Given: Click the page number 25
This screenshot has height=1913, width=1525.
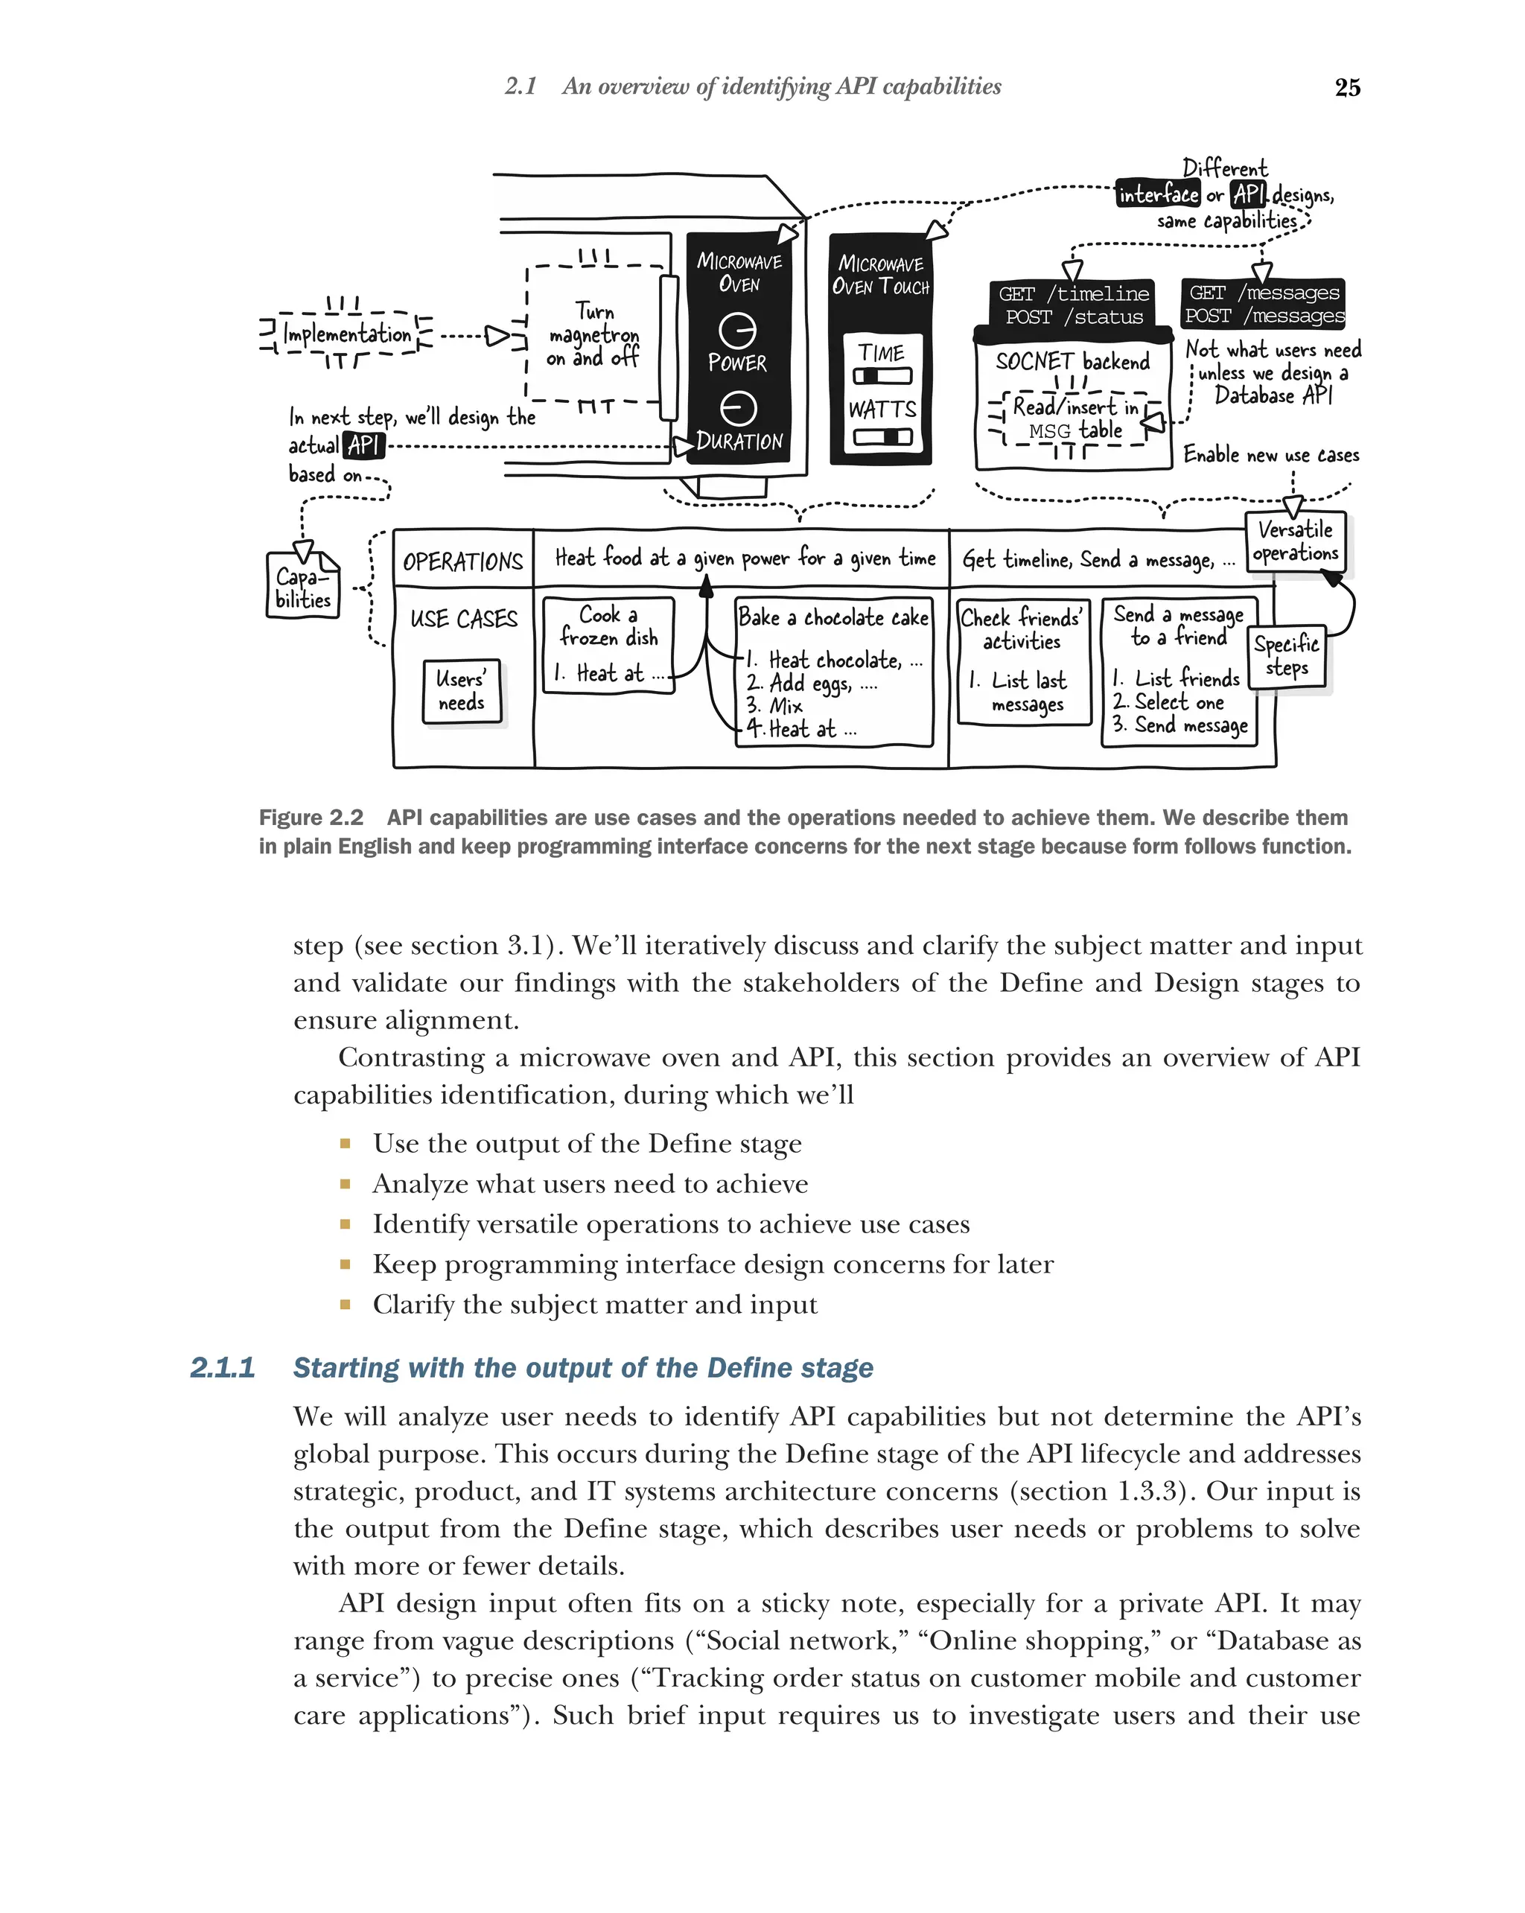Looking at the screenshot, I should pos(1347,87).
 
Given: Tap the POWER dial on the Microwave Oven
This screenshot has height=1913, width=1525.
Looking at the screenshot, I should pos(737,331).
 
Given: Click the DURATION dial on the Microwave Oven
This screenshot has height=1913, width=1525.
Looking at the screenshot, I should pos(737,409).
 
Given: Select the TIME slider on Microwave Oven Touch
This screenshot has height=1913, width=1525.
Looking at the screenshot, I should pos(882,375).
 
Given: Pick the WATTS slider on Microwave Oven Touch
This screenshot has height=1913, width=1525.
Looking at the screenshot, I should pos(882,436).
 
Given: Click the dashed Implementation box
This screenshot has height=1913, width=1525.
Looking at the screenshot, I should pos(347,334).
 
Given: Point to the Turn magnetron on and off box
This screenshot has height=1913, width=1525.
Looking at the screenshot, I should pos(593,334).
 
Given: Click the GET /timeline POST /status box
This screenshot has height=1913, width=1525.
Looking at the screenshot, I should pos(1072,305).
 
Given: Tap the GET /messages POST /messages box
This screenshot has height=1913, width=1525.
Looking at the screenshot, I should pos(1264,304).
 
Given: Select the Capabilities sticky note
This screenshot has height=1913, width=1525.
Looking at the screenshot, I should pos(302,588).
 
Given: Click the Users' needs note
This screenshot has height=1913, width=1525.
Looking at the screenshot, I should pos(462,690).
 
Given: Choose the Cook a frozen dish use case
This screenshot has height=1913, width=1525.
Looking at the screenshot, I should pos(608,644).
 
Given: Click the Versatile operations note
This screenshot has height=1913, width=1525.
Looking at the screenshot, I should pos(1295,541).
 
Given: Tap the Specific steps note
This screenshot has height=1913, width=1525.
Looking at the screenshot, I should pos(1287,656).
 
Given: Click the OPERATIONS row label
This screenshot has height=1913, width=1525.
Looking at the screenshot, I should pos(463,561).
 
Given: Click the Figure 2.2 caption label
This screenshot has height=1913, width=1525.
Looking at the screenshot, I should pos(311,817).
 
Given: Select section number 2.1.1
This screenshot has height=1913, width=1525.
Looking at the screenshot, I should pos(222,1367).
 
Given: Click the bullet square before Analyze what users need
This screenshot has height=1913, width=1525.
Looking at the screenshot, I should pos(345,1184).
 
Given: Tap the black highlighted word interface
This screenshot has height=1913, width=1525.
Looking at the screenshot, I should pos(1158,194).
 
